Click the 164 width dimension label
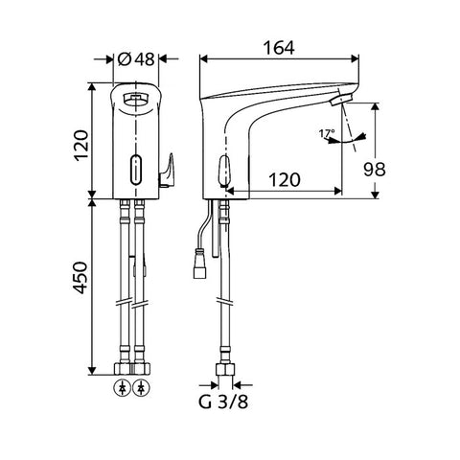coord(279,48)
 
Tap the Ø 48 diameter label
coord(136,59)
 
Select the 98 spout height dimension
coord(375,169)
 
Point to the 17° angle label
coord(327,133)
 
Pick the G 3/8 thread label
coord(223,402)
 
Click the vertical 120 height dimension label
coord(80,146)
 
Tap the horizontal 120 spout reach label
coord(285,180)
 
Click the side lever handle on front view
coord(166,171)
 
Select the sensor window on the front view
coord(136,170)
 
